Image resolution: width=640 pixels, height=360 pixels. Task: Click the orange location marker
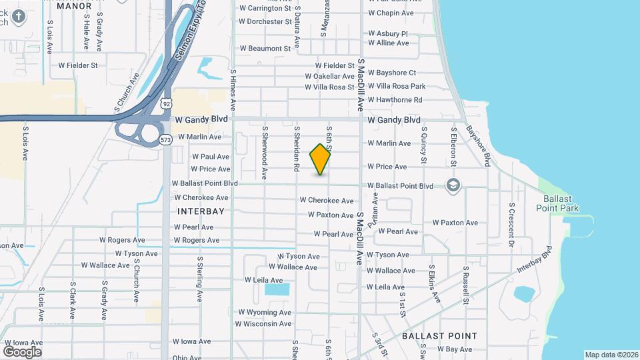321,159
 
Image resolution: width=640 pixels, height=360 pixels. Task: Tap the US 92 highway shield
166,103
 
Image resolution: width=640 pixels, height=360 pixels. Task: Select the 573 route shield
166,139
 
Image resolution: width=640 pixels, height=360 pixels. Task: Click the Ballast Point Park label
557,203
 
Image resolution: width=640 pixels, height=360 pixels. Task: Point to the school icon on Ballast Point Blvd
453,185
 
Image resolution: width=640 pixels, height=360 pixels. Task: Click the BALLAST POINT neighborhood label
439,336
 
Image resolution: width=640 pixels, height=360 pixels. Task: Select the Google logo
22,351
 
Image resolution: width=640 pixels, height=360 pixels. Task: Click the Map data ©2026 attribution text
611,355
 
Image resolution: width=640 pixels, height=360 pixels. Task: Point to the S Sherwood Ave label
265,153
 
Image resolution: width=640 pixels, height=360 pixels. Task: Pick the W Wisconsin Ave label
263,324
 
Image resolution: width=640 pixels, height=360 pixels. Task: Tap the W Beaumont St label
265,48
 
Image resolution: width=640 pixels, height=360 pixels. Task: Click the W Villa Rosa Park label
397,86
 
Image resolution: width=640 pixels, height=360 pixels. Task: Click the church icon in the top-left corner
18,18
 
